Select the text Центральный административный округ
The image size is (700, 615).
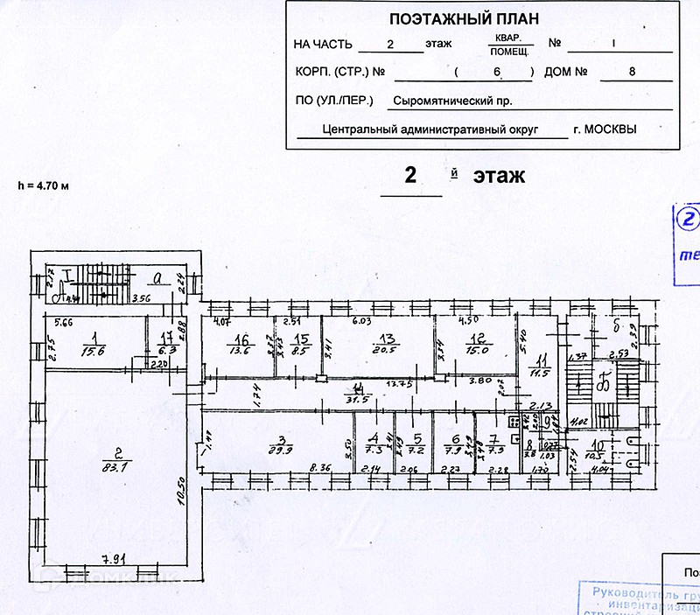click(444, 129)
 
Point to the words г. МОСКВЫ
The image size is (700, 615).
click(605, 129)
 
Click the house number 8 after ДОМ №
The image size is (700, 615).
click(631, 72)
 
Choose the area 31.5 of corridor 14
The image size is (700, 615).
click(357, 401)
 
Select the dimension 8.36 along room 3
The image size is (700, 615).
click(321, 470)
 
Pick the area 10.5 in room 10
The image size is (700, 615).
click(596, 454)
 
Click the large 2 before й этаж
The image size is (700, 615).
click(409, 175)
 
